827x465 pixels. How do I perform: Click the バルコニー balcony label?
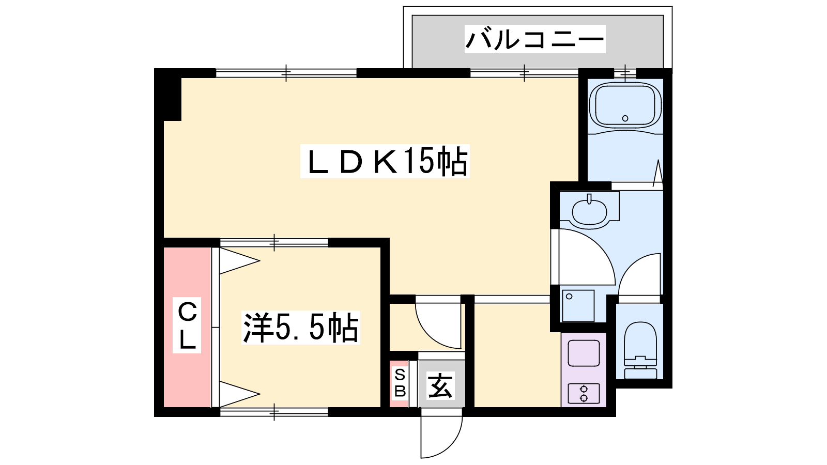[534, 39]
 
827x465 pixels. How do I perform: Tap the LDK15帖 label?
[385, 161]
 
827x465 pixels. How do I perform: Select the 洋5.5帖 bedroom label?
[300, 328]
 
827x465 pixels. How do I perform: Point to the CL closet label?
[187, 325]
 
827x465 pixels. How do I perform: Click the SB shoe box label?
[400, 383]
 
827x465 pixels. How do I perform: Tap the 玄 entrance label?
[440, 385]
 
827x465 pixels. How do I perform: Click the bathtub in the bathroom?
[625, 106]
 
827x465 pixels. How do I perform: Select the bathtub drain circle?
[625, 118]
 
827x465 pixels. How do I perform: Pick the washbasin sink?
[589, 211]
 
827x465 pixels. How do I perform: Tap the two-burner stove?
[584, 393]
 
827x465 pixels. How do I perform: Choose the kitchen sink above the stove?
[584, 353]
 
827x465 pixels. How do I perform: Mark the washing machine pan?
[578, 306]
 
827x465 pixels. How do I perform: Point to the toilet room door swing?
[632, 264]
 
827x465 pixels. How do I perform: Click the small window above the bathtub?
[625, 73]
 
